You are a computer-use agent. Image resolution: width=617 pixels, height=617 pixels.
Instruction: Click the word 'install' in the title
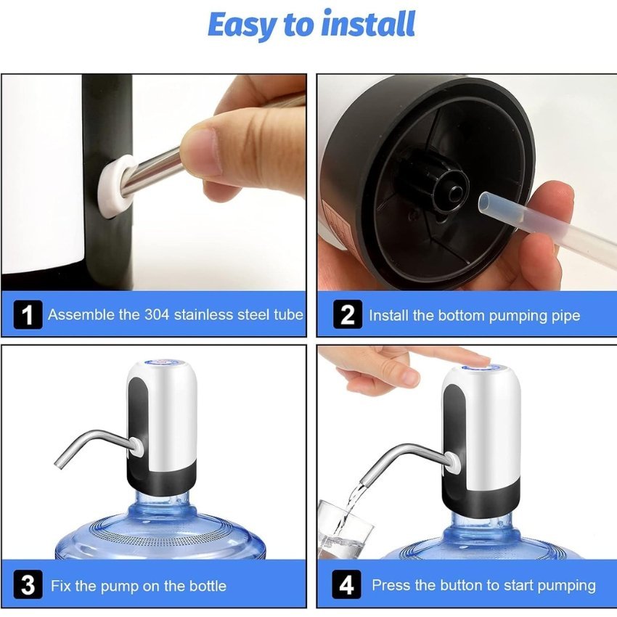pos(368,24)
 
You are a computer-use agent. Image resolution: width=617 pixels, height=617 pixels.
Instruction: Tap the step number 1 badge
pos(28,314)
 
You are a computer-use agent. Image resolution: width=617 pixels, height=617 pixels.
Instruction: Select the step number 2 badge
pos(348,314)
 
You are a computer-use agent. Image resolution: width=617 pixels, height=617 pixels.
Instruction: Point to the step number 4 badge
pos(346,584)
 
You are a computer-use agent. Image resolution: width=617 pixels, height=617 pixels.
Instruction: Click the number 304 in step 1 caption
pos(157,315)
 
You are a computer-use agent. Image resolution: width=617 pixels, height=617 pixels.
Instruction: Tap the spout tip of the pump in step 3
pos(59,465)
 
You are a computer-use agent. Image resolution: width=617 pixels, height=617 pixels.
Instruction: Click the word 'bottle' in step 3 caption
pos(208,586)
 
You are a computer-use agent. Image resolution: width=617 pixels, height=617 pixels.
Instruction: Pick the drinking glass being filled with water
pos(345,529)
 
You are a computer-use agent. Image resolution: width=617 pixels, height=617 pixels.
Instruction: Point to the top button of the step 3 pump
pos(162,362)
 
